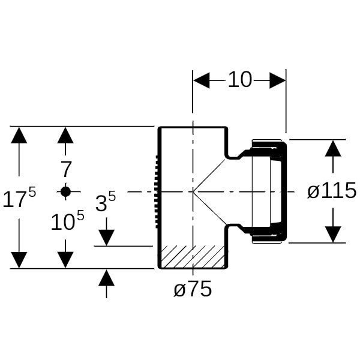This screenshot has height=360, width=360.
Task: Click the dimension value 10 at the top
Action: [x=240, y=80]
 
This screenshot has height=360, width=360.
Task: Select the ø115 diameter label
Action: [x=331, y=191]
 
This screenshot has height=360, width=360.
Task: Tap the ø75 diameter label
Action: [x=193, y=290]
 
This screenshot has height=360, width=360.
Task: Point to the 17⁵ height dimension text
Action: [x=19, y=199]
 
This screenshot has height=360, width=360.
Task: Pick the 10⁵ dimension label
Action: [x=67, y=223]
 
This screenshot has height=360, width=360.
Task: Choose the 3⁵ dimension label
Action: [x=106, y=203]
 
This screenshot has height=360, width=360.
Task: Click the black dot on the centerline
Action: [x=65, y=191]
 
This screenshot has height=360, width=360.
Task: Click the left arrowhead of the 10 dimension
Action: [x=201, y=80]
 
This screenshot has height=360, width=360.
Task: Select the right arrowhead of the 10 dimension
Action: [x=277, y=80]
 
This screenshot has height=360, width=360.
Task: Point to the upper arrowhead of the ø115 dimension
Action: [x=333, y=148]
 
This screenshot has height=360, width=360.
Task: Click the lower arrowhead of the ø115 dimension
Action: [x=333, y=234]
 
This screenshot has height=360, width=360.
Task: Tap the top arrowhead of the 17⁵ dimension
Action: [x=19, y=135]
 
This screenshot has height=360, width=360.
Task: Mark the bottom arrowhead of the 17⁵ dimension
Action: [x=19, y=260]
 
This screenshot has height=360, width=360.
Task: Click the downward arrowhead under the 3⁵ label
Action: [x=106, y=238]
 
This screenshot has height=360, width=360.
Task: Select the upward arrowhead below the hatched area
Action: [x=106, y=278]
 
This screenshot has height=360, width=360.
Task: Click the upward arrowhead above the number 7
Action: [x=65, y=135]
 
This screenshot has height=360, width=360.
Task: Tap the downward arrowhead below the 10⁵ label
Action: [x=65, y=260]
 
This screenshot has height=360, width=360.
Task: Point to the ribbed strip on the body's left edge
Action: [x=156, y=192]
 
